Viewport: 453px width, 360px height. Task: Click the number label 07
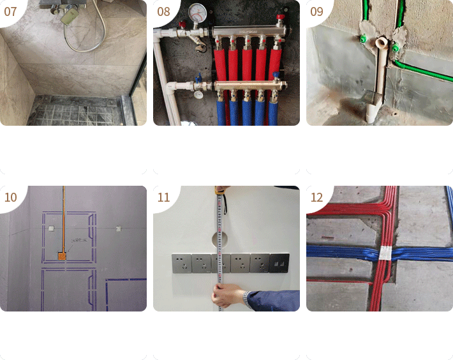(10, 11)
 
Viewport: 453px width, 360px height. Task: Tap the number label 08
(163, 11)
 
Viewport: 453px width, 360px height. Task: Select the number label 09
(316, 11)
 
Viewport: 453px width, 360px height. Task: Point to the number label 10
(11, 197)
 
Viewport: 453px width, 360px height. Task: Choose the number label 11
(163, 197)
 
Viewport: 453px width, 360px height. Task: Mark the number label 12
(316, 197)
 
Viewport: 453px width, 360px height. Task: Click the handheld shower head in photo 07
(70, 15)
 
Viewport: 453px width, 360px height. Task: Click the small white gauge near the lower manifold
(198, 94)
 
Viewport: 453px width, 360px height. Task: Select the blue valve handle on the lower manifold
(198, 79)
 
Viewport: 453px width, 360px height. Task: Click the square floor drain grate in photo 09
(371, 97)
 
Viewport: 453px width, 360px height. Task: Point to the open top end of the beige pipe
(382, 43)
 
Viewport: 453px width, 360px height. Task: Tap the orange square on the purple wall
(62, 256)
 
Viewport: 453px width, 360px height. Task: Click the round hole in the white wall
(219, 239)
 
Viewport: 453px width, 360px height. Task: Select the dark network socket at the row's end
(279, 263)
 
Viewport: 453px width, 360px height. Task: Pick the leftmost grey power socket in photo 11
(181, 264)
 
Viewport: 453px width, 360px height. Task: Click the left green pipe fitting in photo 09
(362, 39)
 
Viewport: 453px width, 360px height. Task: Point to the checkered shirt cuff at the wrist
(247, 299)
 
